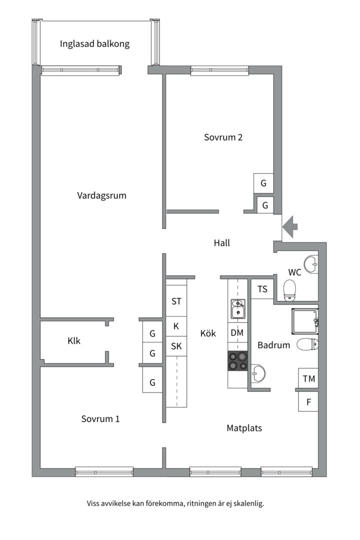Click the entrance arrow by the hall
tap(290, 227)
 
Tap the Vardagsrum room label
tap(101, 195)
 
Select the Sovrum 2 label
tap(223, 137)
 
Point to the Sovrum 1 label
tap(100, 418)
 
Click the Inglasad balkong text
tap(94, 43)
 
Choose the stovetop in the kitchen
tap(238, 360)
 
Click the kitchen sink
tap(237, 308)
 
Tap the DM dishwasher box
tap(237, 332)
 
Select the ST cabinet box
tap(176, 301)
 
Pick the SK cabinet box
tap(176, 346)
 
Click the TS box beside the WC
tap(262, 288)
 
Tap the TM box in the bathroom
tap(308, 378)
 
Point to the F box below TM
tap(308, 401)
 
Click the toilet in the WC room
tap(289, 290)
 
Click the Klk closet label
tap(74, 341)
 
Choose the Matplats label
tap(244, 428)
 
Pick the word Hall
tap(221, 243)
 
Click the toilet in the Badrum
tap(307, 344)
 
